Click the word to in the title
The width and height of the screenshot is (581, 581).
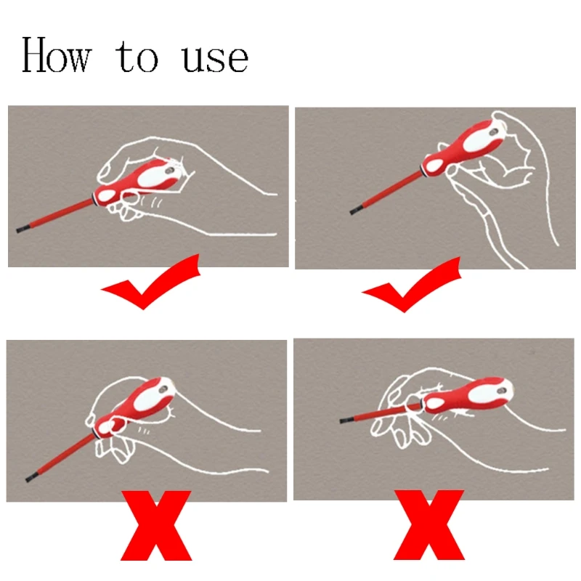pos(139,58)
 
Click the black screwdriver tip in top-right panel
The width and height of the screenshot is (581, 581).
pos(357,211)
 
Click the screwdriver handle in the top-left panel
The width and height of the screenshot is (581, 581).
pos(142,182)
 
